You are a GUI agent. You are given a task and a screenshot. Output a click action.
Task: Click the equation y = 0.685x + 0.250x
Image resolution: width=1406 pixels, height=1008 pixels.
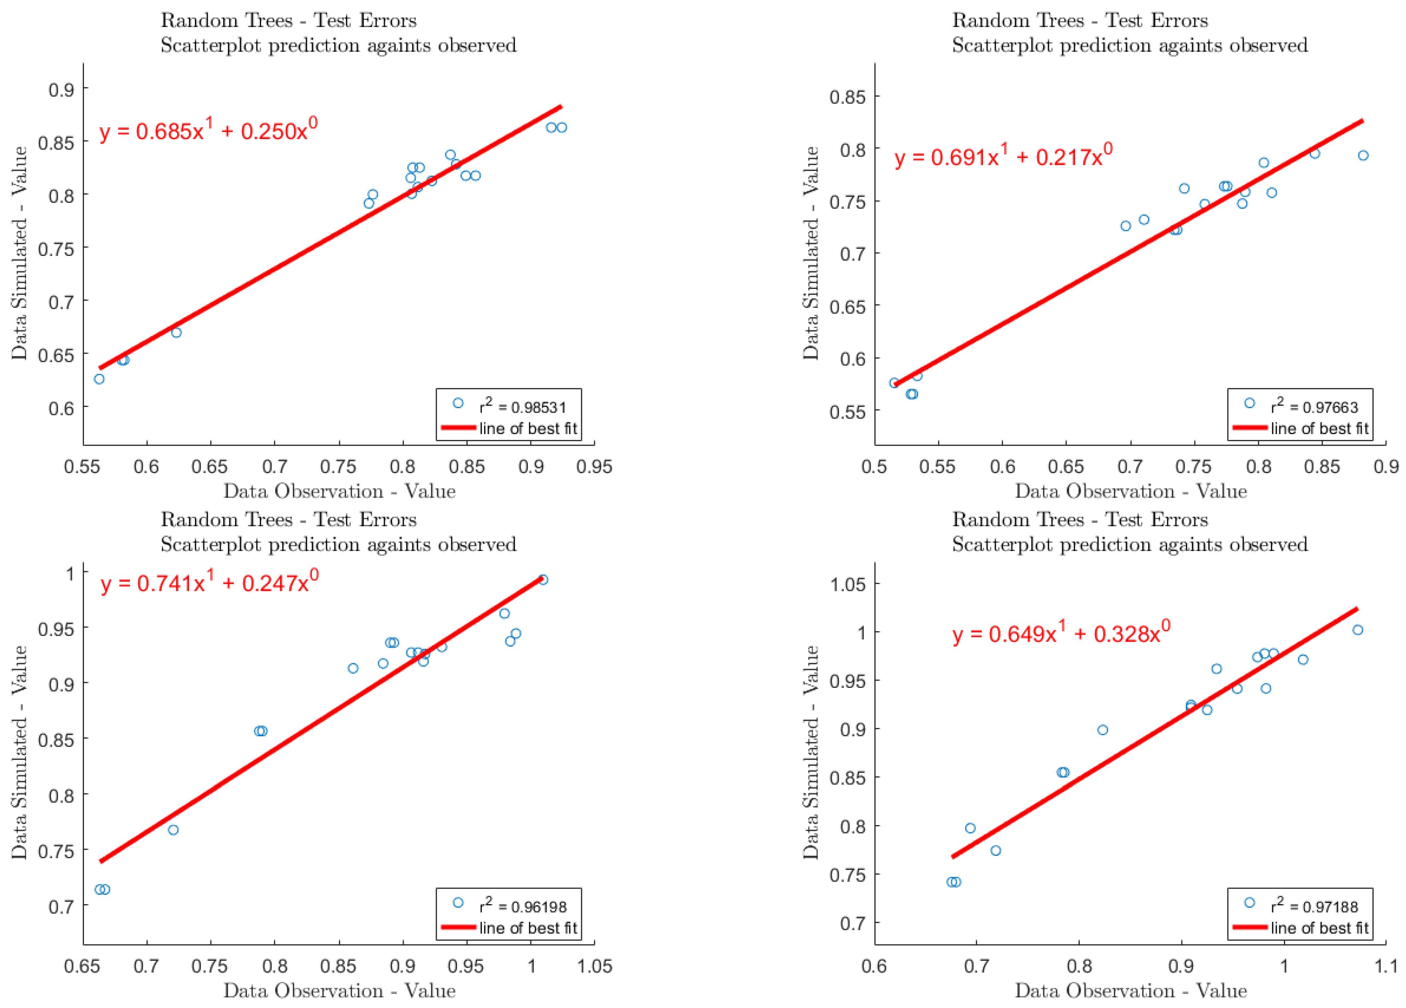pyautogui.click(x=208, y=131)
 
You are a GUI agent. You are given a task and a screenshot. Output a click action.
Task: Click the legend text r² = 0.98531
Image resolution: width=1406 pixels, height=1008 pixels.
pyautogui.click(x=523, y=407)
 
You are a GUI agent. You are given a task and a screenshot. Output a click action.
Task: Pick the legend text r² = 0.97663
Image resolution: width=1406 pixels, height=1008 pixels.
pyautogui.click(x=1314, y=407)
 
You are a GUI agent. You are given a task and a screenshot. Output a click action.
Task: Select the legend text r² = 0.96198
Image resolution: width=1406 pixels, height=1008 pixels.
pyautogui.click(x=523, y=906)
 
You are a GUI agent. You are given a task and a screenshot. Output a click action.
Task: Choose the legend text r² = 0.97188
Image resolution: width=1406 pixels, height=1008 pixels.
pyautogui.click(x=1314, y=906)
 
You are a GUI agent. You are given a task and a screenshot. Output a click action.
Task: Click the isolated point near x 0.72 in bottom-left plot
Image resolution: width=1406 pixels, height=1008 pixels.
pyautogui.click(x=174, y=829)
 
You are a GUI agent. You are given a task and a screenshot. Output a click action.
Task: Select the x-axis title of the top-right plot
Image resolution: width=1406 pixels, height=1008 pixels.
pyautogui.click(x=1130, y=491)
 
